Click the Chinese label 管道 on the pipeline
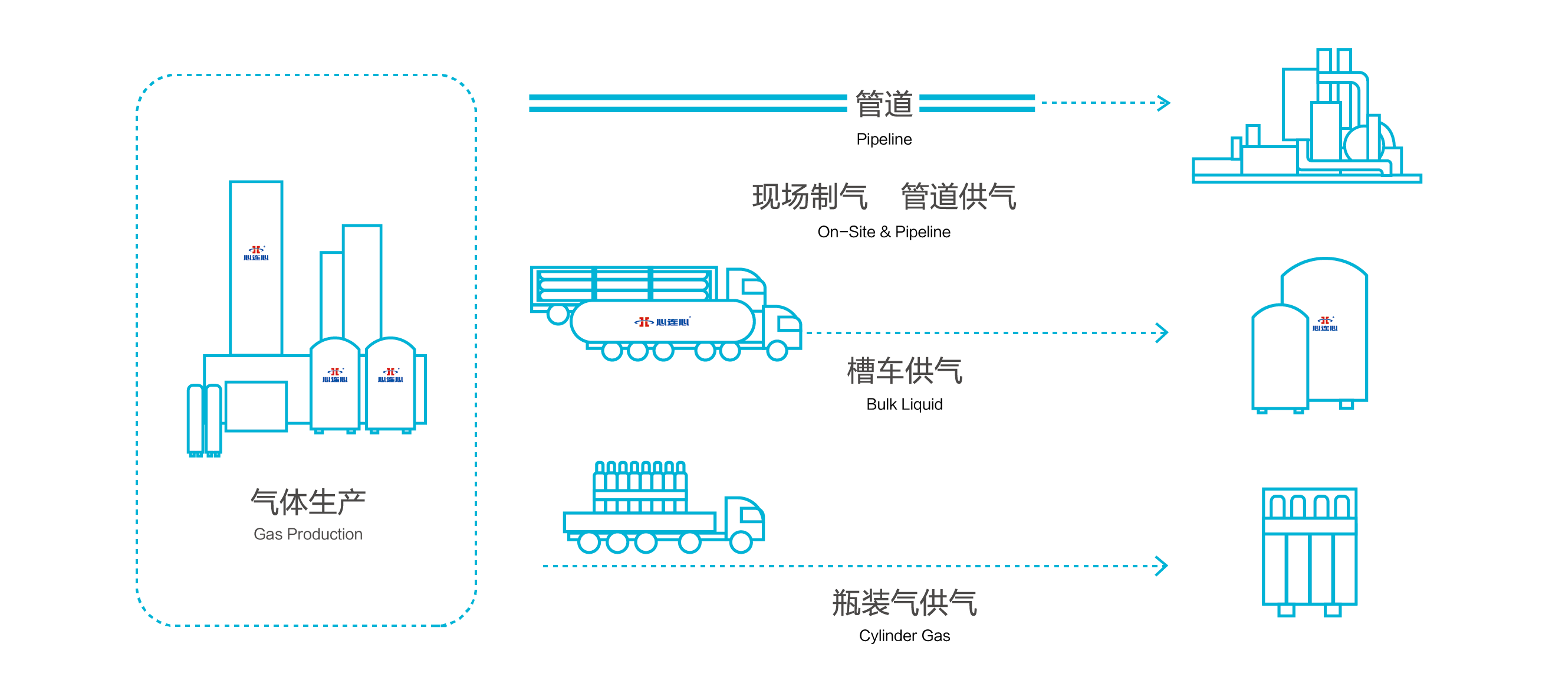(883, 104)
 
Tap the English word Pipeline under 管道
(883, 139)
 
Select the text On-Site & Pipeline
(883, 232)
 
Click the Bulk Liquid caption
(904, 404)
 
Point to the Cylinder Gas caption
(904, 635)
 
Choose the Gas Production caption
(307, 534)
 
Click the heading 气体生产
(307, 502)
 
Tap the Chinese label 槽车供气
(904, 371)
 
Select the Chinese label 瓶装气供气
(904, 603)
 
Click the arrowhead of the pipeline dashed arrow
(1164, 103)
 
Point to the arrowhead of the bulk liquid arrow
(1162, 332)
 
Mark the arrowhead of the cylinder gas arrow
(1162, 566)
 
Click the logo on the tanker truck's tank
(662, 322)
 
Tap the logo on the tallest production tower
(256, 253)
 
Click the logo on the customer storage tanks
(1325, 324)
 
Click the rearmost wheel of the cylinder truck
(588, 543)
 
